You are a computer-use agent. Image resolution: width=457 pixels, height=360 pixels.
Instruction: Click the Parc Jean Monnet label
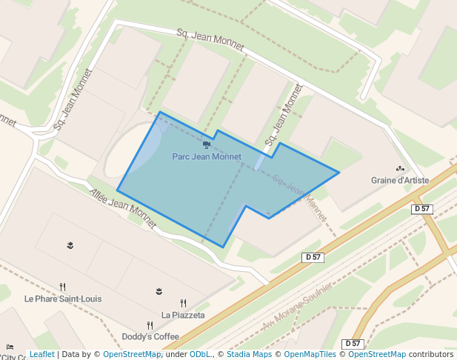(207, 157)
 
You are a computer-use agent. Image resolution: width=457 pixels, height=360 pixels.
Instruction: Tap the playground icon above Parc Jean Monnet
(206, 144)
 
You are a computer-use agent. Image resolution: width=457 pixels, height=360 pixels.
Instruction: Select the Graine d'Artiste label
(400, 180)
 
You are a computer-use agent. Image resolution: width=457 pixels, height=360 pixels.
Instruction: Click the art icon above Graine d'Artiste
(401, 169)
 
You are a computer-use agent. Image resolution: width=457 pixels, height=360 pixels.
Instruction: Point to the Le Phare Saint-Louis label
(63, 299)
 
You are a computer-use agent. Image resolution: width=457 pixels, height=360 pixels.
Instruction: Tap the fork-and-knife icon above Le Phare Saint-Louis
(63, 287)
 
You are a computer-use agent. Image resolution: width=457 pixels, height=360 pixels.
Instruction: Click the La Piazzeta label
(183, 315)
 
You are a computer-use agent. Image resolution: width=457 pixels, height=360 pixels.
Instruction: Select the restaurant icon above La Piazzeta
(183, 303)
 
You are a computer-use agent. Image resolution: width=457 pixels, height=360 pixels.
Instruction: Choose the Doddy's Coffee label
(151, 336)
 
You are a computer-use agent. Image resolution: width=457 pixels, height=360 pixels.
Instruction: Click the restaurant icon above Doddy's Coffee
(150, 324)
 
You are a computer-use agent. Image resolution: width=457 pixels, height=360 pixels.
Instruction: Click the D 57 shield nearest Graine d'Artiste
(421, 209)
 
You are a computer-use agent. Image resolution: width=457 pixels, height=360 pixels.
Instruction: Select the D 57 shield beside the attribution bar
(353, 344)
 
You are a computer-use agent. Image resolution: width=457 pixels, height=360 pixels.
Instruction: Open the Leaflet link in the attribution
(41, 354)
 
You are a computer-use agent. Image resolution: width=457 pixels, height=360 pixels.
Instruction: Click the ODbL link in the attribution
(199, 354)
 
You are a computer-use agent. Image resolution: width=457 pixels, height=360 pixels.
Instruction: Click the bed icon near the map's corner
(10, 347)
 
